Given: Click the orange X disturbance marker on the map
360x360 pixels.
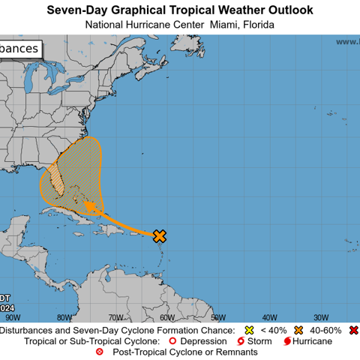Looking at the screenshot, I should [x=160, y=236].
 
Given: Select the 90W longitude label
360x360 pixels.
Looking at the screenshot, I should [x=13, y=317].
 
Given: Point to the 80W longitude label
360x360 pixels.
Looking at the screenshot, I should [x=64, y=317].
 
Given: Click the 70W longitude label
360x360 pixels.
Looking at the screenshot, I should [x=115, y=317].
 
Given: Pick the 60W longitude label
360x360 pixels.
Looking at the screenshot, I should [x=166, y=317].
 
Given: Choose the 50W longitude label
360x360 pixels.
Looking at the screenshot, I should [x=217, y=317].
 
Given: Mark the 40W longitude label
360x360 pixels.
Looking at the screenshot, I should [x=269, y=317].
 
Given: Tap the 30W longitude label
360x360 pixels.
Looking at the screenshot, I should [x=320, y=317].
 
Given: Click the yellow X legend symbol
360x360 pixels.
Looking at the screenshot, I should [x=250, y=330].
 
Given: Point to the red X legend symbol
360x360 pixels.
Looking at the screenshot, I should [x=353, y=330].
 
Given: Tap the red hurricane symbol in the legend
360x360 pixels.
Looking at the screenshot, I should [x=287, y=341].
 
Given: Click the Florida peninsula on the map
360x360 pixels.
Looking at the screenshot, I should [x=57, y=176].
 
